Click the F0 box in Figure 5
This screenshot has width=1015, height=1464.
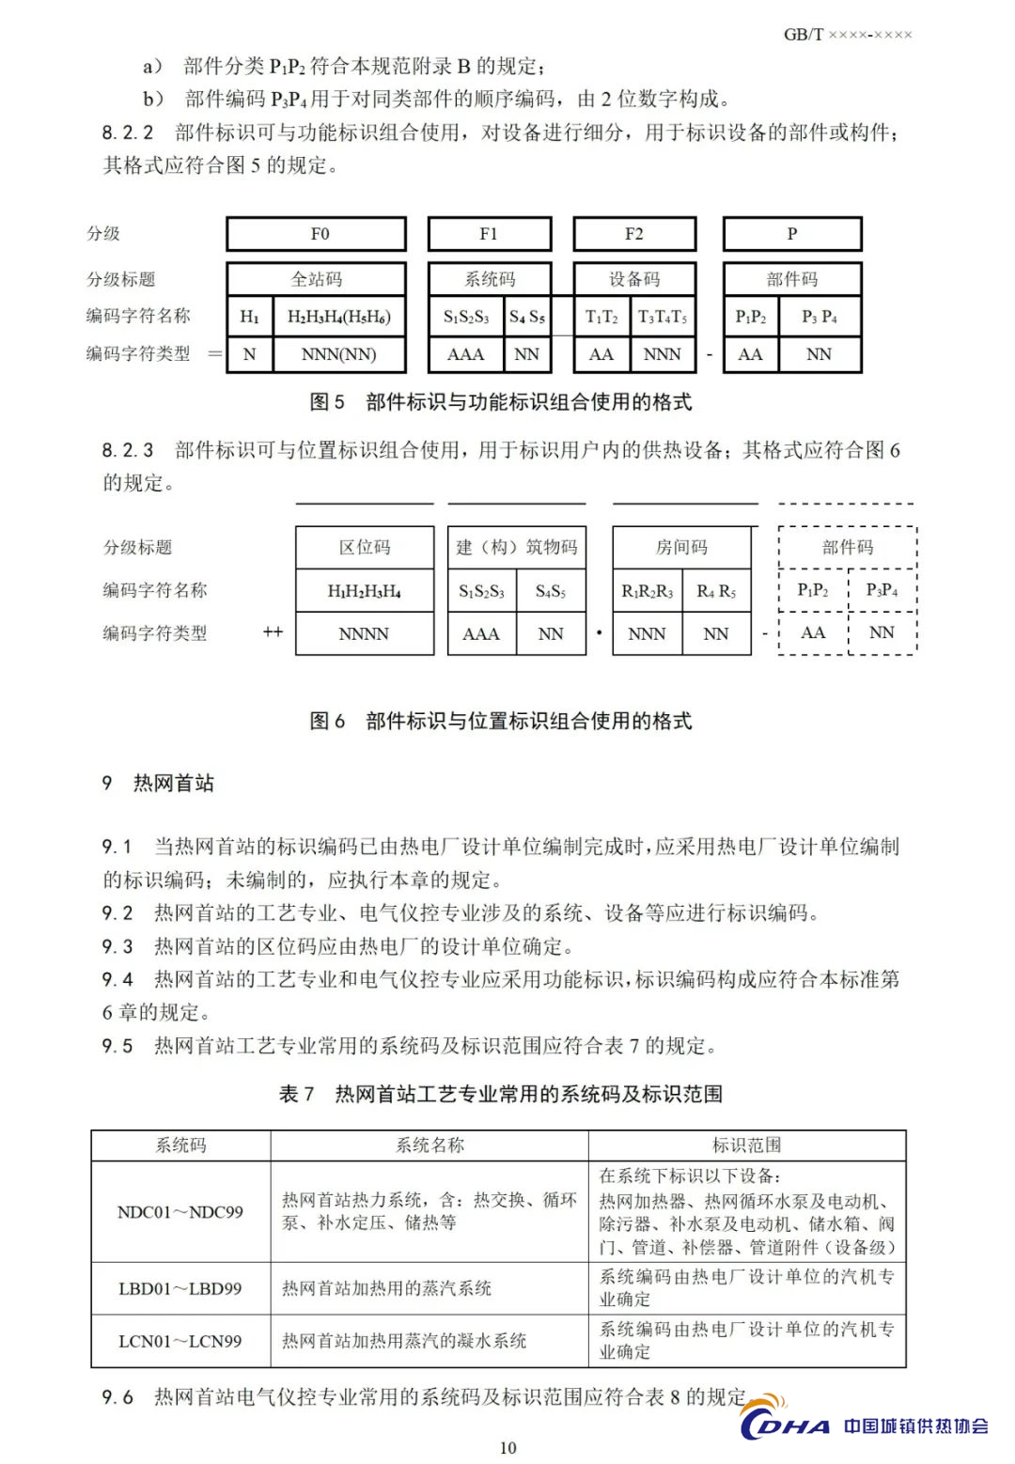[x=316, y=234]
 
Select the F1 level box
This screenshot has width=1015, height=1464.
[x=489, y=234]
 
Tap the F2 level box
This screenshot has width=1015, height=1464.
[x=634, y=234]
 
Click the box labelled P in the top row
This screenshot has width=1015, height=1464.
[x=792, y=234]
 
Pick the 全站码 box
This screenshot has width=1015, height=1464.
[x=316, y=279]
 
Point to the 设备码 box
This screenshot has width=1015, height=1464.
[x=634, y=279]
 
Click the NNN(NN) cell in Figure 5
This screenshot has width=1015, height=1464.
[x=338, y=354]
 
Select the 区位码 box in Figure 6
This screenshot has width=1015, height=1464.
[x=365, y=547]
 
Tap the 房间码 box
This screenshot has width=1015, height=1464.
[x=681, y=547]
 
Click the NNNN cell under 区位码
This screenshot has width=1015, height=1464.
[x=365, y=633]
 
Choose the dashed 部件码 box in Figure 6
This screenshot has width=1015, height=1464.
[x=848, y=547]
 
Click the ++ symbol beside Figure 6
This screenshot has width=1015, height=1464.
[x=273, y=632]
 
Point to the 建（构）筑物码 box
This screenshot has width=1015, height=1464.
[x=517, y=547]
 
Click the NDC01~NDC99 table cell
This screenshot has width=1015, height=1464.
[x=180, y=1212]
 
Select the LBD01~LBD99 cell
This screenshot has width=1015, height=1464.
[x=180, y=1288]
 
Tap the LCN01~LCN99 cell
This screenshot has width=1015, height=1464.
[x=180, y=1341]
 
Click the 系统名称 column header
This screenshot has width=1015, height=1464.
[x=429, y=1145]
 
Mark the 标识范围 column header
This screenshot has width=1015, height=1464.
[x=747, y=1145]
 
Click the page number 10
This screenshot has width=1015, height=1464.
[x=507, y=1447]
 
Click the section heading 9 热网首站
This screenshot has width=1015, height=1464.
[x=159, y=784]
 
